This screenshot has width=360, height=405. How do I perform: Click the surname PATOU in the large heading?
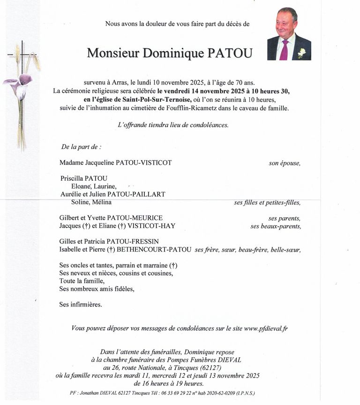(x=226, y=53)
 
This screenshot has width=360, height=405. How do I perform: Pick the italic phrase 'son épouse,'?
(x=284, y=163)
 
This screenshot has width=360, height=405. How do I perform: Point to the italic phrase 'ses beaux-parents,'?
(x=275, y=226)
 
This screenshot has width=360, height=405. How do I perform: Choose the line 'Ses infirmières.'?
(x=81, y=305)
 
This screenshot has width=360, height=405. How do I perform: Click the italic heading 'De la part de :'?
(x=81, y=147)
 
